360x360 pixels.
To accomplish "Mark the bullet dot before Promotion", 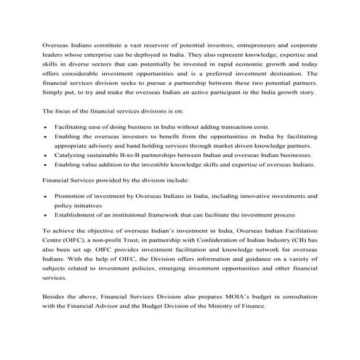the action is coord(46,197).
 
